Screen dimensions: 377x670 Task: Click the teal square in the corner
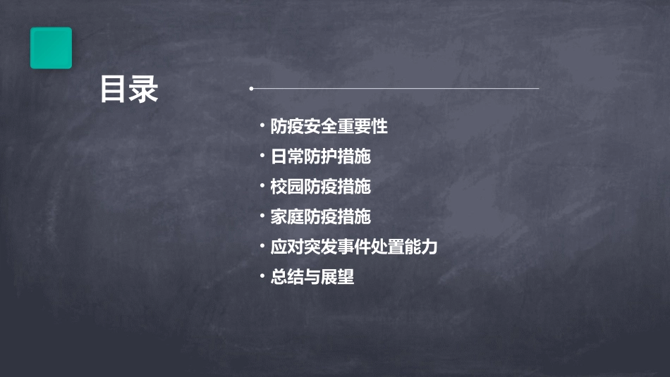[51, 48]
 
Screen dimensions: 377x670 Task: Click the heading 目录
[129, 89]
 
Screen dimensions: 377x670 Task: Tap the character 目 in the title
[114, 89]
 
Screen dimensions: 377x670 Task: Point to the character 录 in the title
[145, 89]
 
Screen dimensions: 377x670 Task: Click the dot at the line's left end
[251, 89]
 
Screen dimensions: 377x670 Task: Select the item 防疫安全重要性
[329, 127]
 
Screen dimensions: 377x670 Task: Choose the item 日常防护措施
[321, 156]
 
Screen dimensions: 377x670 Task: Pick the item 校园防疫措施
[321, 187]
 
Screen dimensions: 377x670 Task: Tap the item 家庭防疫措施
[321, 216]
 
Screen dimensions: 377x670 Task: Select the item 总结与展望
[312, 277]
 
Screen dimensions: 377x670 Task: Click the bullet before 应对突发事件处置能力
[262, 246]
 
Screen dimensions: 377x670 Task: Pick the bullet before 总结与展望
[262, 276]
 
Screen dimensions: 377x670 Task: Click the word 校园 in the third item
[287, 187]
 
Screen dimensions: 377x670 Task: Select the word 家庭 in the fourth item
[287, 216]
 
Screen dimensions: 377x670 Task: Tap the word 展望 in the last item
[338, 277]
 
